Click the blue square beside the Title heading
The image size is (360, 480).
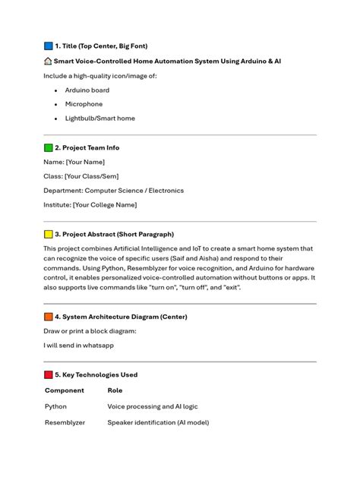coord(49,46)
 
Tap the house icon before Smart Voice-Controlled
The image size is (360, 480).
coord(48,61)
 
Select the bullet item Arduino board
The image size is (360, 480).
coord(87,90)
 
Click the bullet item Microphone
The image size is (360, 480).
coord(84,104)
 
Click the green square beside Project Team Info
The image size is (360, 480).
coord(49,147)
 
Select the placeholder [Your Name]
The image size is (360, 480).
coord(85,162)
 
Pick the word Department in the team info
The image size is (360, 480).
coord(62,191)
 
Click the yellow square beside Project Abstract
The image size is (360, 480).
coord(49,234)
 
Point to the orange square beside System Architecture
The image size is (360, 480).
coord(49,317)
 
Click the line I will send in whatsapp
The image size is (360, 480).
coord(78,345)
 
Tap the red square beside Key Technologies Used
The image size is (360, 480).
coord(49,374)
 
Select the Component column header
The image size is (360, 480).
coord(65,390)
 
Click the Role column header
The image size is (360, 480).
coord(115,390)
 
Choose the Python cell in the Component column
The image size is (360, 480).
coord(56,406)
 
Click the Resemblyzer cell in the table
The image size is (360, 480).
coord(65,422)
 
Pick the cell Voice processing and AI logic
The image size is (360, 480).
coord(153,406)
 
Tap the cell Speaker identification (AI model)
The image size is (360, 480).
coord(158,422)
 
